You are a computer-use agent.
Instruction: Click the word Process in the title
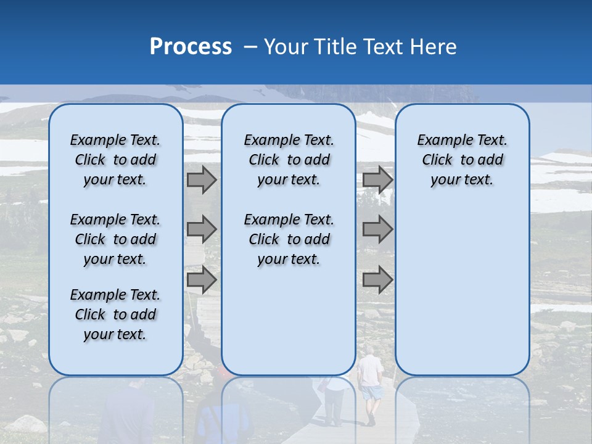click(x=191, y=46)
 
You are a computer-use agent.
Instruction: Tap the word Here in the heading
click(x=433, y=46)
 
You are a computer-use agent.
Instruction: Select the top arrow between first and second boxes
click(x=202, y=180)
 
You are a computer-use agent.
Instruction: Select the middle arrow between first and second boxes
click(x=202, y=229)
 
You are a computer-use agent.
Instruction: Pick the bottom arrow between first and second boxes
click(x=202, y=280)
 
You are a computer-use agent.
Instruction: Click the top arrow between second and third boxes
click(x=377, y=180)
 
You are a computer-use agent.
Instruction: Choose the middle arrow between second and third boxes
click(x=377, y=229)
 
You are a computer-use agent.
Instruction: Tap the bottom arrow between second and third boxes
click(x=377, y=280)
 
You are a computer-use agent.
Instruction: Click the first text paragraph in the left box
click(x=115, y=160)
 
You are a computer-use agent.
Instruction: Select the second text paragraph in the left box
click(x=115, y=239)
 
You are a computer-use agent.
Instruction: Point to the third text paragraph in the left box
click(x=115, y=314)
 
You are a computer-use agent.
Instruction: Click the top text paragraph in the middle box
click(x=289, y=160)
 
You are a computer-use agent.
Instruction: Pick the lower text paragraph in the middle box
click(x=289, y=239)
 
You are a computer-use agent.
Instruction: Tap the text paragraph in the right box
click(x=462, y=160)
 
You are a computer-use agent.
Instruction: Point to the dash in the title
click(x=250, y=47)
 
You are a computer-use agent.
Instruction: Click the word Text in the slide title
click(x=380, y=46)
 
